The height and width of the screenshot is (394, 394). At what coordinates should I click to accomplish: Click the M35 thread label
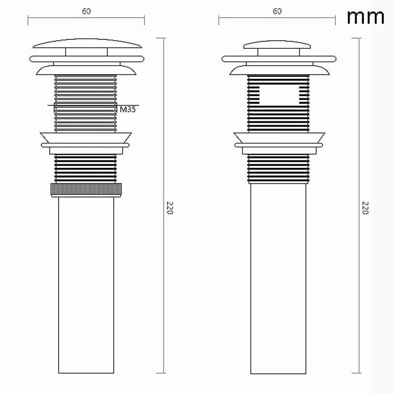127,109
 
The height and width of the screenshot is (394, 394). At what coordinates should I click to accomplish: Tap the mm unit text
365,17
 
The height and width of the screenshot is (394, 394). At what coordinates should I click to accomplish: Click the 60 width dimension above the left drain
86,12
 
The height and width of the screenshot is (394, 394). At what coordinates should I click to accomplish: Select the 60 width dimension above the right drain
277,12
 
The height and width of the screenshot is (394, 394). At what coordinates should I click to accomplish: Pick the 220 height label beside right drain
365,207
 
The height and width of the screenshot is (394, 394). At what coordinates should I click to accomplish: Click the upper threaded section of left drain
86,94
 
